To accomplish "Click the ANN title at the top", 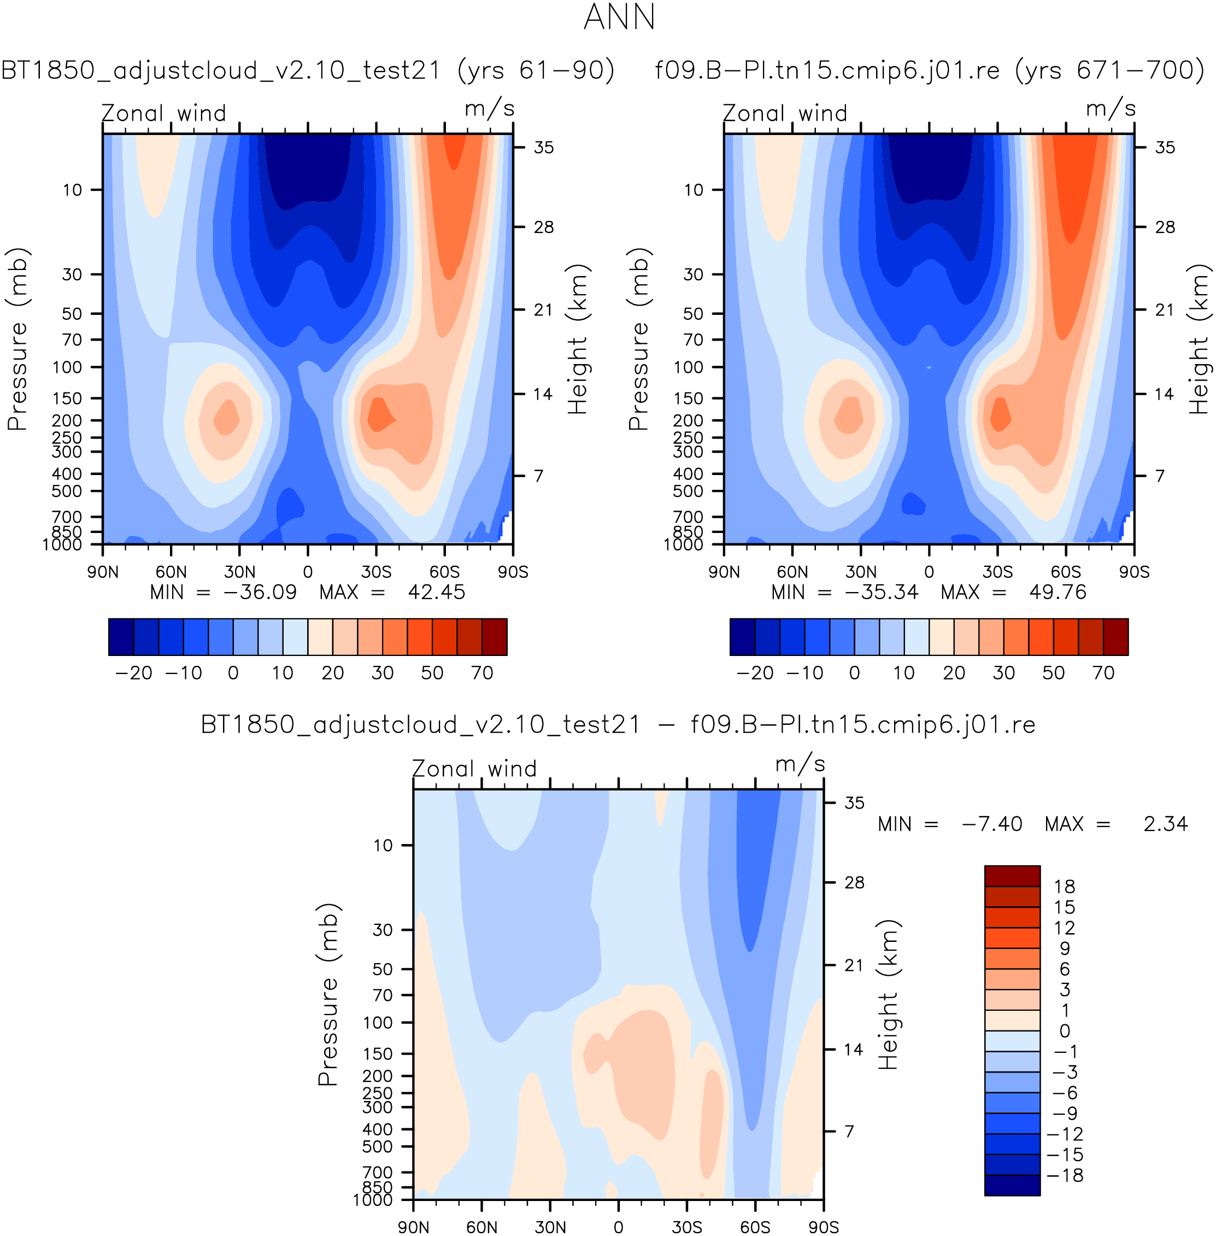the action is [620, 17].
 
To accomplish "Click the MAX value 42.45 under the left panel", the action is [436, 592].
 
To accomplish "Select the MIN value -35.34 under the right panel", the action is [882, 592].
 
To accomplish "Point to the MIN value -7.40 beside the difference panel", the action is [992, 824].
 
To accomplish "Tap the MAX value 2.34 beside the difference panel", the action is [1166, 824].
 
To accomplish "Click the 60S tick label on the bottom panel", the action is [755, 1227].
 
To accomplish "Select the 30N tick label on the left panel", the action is [239, 572].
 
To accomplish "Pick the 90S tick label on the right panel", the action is [1134, 572].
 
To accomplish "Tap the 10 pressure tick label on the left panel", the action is [72, 190].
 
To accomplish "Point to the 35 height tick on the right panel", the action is [1165, 148].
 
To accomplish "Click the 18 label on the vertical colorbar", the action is [1065, 887].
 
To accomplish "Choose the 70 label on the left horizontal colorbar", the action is [482, 672].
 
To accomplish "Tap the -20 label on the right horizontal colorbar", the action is [755, 672].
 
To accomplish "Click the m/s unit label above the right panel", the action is [1111, 109].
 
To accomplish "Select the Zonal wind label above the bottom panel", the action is [474, 769].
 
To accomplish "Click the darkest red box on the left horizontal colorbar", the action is [494, 637].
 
